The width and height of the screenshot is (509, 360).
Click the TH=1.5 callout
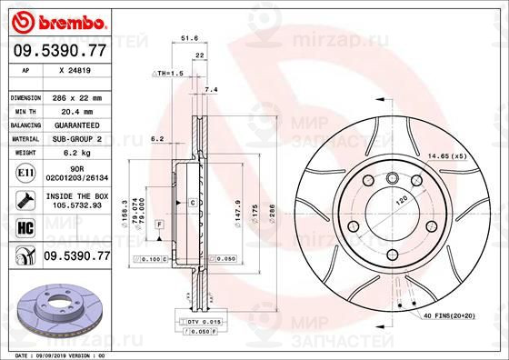click(x=169, y=72)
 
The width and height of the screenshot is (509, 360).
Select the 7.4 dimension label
click(x=212, y=90)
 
